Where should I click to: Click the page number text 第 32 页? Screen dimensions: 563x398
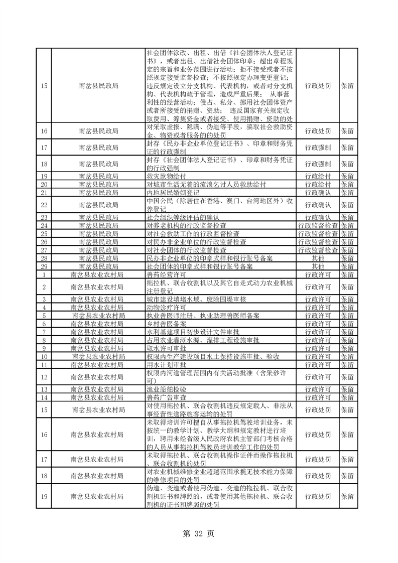(x=199, y=534)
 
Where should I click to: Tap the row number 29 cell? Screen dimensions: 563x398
(x=44, y=266)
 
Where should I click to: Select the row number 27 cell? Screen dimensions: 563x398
(x=44, y=250)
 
